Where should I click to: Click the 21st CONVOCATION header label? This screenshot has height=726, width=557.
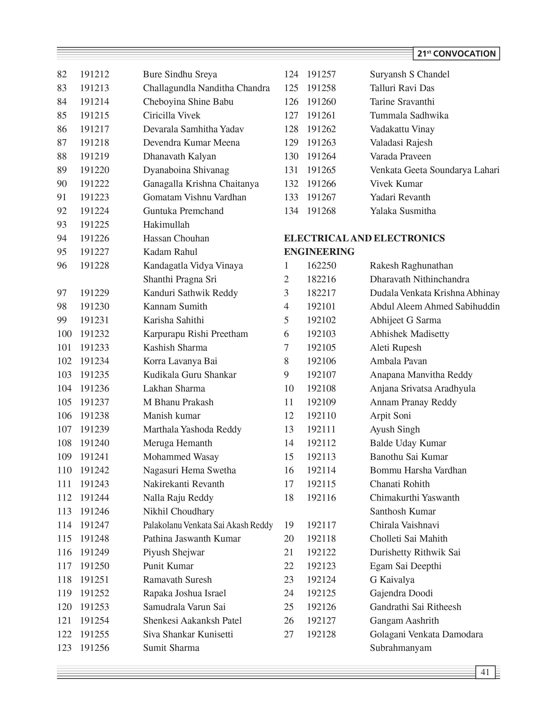pos(456,54)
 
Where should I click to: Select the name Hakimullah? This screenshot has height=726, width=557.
pos(166,225)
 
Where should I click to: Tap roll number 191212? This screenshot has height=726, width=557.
pos(95,74)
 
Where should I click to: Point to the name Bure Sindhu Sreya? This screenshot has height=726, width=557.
pos(180,74)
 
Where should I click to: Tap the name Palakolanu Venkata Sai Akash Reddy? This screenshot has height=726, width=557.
pos(208,525)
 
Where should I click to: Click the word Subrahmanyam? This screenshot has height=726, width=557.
pos(401,648)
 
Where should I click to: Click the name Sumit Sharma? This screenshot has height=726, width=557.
pos(171,648)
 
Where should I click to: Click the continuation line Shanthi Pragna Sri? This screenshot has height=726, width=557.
pos(180,279)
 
